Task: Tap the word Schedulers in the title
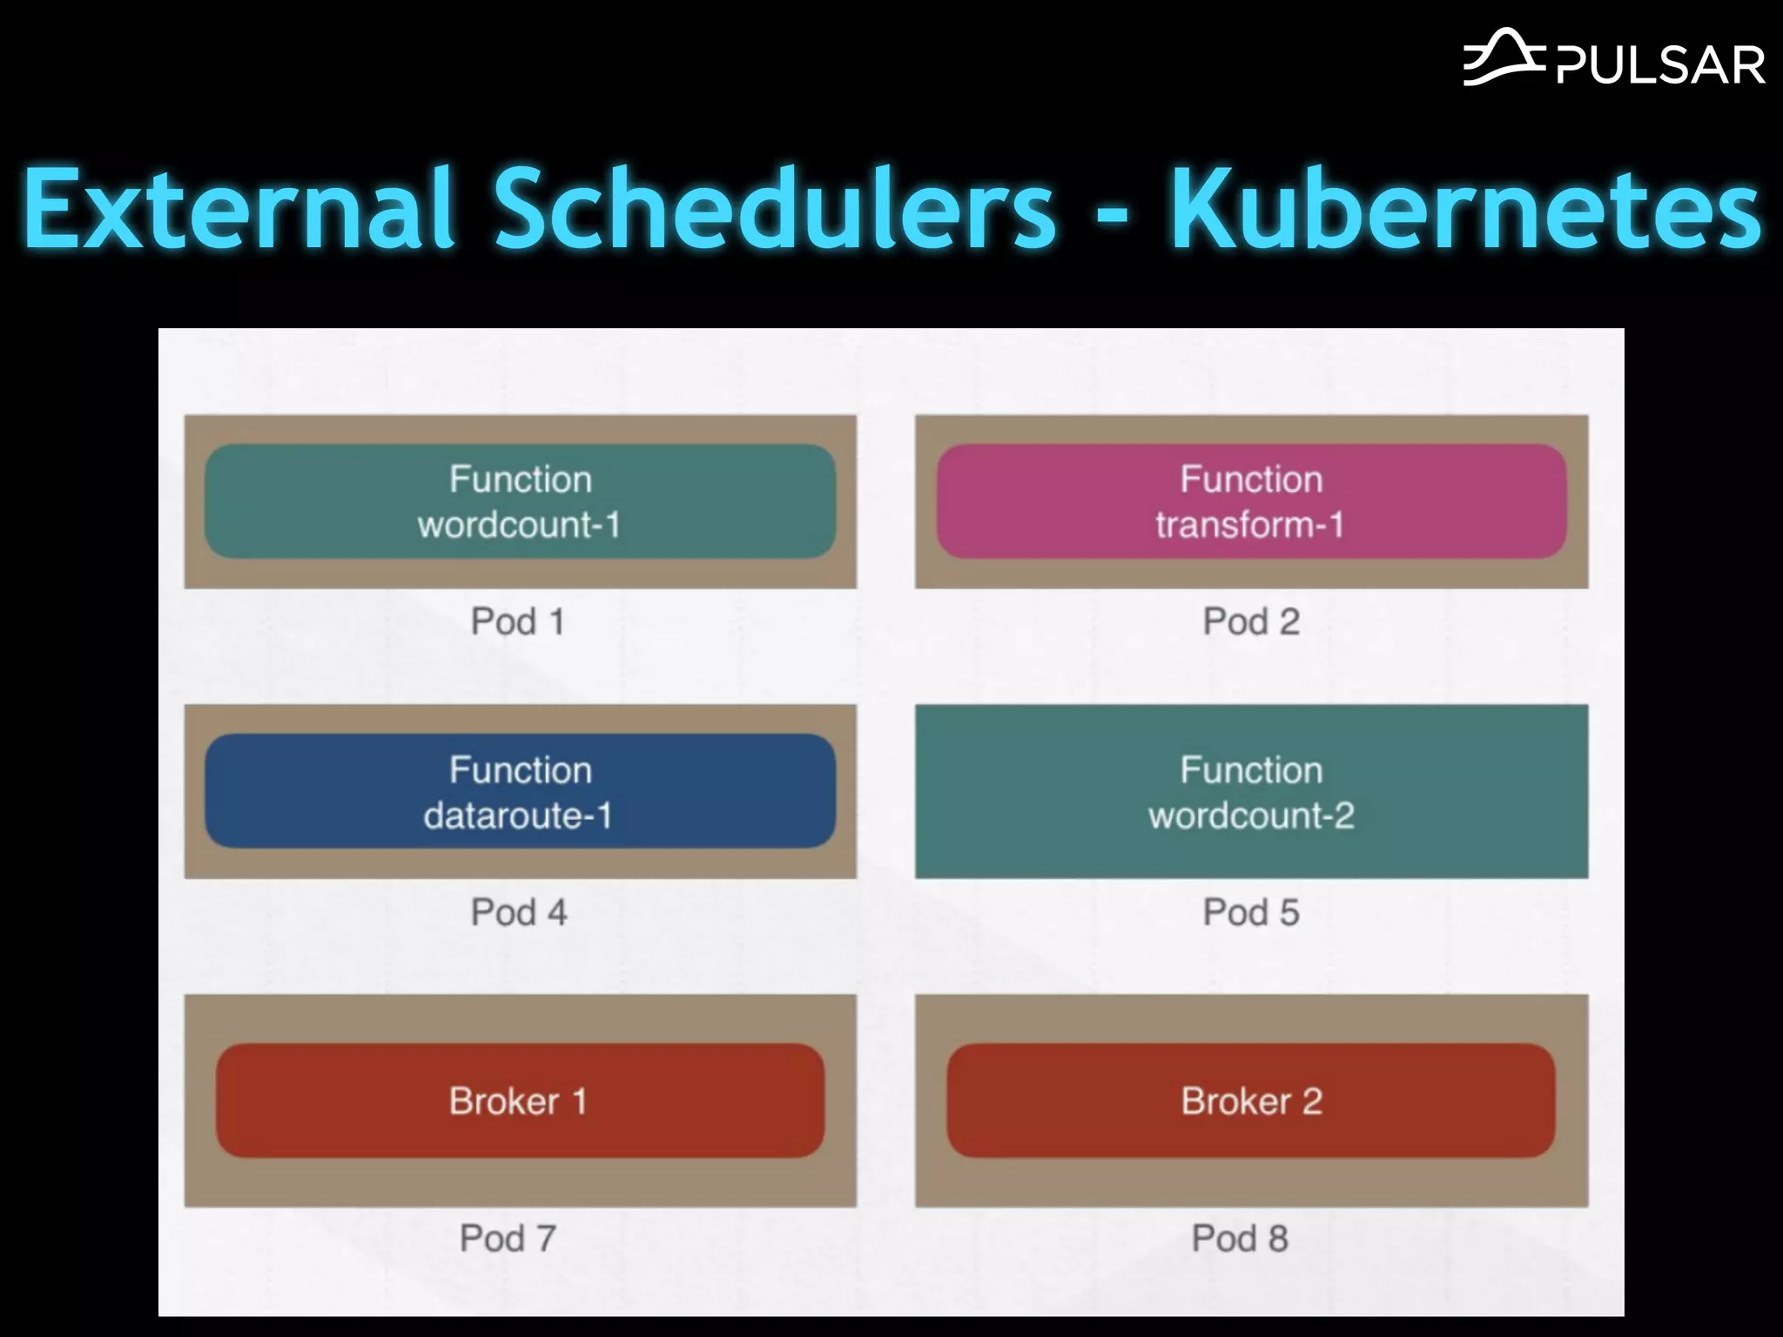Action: coord(775,209)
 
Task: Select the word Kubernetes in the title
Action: coord(1466,209)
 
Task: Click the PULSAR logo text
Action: coord(1660,65)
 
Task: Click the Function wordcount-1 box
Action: coord(520,501)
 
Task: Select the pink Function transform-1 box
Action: coord(1251,501)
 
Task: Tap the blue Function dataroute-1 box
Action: coord(520,791)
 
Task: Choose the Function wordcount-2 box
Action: coord(1251,791)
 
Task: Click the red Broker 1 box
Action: coord(520,1101)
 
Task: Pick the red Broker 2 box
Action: coord(1251,1101)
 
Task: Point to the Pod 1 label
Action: coord(518,621)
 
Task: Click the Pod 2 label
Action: coord(1251,621)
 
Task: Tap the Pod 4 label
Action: coord(519,912)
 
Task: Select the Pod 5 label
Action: coord(1251,912)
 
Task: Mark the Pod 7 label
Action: coord(508,1238)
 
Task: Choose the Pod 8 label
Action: coord(1240,1238)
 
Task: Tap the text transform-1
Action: coord(1250,525)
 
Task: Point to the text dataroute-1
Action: coord(519,816)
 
